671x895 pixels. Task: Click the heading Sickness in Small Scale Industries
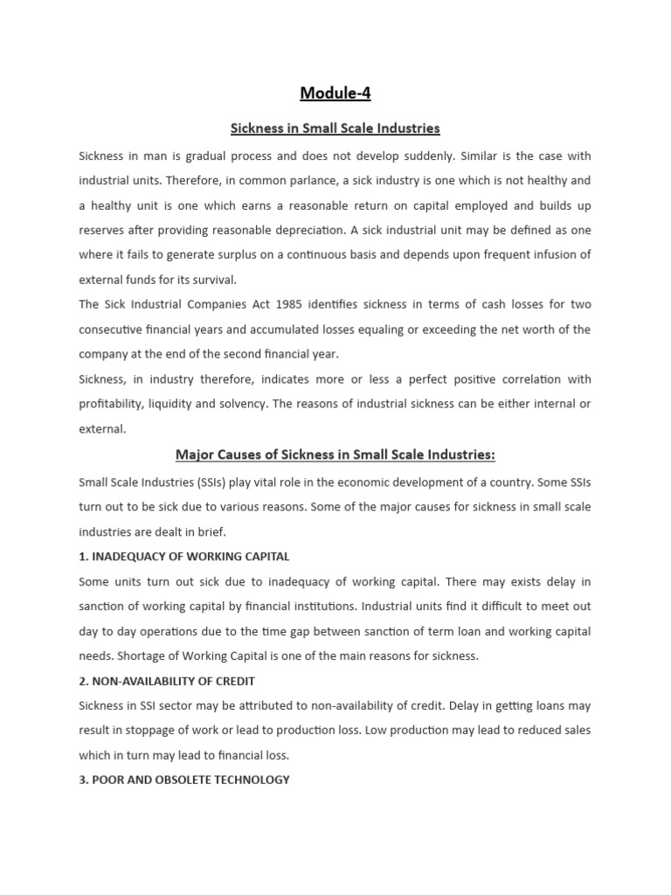335,128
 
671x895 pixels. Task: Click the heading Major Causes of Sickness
335,454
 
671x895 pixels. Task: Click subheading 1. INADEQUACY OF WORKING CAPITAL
184,557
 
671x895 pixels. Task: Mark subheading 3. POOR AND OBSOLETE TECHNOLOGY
184,779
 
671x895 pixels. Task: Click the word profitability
112,404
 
